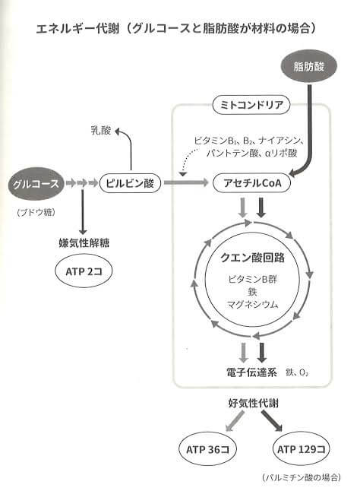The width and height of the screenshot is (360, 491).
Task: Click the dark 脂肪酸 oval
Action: [x=308, y=66]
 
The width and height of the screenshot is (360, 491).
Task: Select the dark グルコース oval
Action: [x=36, y=183]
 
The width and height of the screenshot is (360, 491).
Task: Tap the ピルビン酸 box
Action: [x=130, y=183]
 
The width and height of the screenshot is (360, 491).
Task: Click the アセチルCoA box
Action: [x=252, y=183]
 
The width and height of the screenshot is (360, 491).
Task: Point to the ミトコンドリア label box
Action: [x=251, y=105]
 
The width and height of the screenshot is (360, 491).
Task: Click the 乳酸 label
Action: [x=101, y=130]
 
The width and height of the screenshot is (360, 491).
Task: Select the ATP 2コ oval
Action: [x=84, y=271]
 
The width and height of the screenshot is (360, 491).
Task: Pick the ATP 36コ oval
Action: [x=207, y=449]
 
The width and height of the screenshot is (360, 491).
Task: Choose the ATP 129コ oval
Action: [x=302, y=449]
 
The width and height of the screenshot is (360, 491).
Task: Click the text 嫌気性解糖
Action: [x=84, y=243]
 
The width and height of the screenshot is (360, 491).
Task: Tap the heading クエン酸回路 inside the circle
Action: [x=252, y=258]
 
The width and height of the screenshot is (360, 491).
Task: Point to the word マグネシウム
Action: [x=252, y=304]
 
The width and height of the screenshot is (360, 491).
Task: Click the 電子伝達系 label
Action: [x=251, y=372]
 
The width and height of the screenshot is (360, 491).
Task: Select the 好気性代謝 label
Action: [x=253, y=403]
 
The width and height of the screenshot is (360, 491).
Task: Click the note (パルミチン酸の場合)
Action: [x=302, y=477]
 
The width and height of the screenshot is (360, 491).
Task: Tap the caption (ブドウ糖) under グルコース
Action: [x=36, y=212]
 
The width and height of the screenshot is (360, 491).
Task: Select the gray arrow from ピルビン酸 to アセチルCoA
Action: [x=186, y=182]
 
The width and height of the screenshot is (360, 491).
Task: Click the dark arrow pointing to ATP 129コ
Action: [x=272, y=421]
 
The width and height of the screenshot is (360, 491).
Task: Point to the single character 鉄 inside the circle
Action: [x=252, y=292]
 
